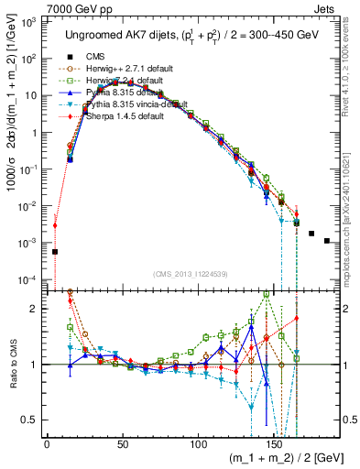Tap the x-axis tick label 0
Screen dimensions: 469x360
tap(47, 446)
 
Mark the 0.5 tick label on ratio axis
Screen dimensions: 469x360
tap(32, 420)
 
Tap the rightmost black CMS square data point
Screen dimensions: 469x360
tap(327, 241)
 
